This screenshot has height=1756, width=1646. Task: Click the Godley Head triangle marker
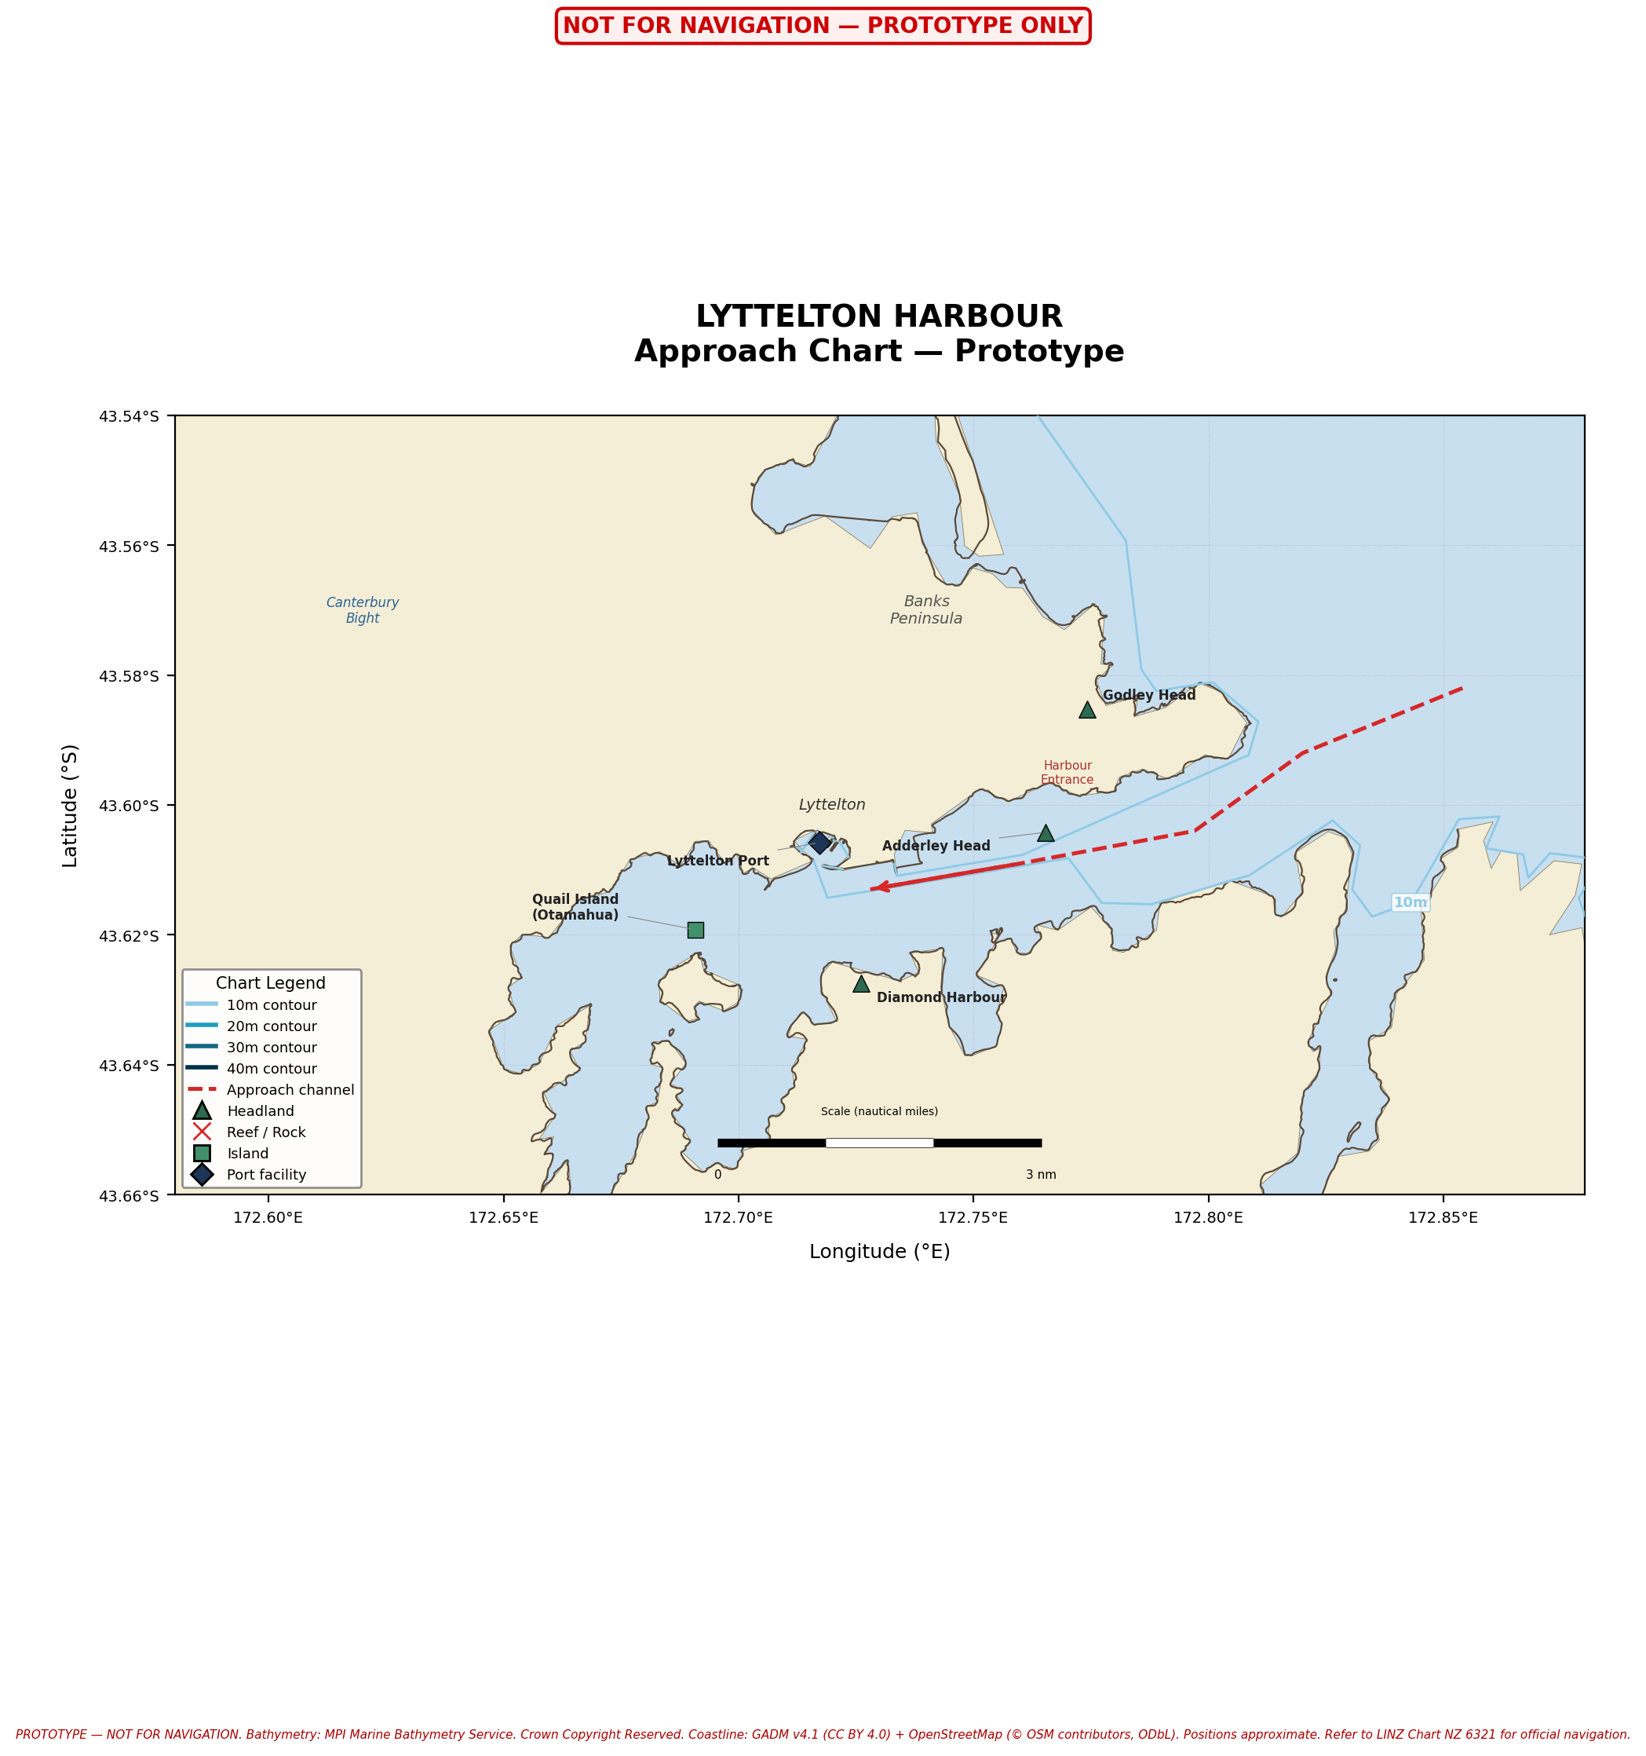click(x=1087, y=710)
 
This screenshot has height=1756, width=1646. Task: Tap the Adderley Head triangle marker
click(x=1046, y=834)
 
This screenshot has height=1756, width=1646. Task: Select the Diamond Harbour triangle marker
click(x=861, y=984)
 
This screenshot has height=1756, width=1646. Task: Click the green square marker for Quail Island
click(x=695, y=930)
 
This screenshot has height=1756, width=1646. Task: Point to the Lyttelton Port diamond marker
click(x=819, y=843)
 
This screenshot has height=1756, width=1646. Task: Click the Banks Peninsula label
click(x=926, y=609)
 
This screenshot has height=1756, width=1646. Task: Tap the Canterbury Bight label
click(x=362, y=610)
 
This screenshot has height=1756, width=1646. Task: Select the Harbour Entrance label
click(x=1068, y=772)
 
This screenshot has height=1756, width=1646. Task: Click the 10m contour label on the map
click(x=1411, y=902)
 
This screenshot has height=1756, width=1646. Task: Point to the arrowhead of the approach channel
click(x=876, y=887)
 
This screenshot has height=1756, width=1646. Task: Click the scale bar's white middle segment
click(x=879, y=1143)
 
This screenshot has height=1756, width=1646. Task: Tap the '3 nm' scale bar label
click(x=1041, y=1175)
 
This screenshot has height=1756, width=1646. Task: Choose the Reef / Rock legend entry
click(x=266, y=1132)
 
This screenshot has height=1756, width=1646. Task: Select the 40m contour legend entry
click(x=271, y=1069)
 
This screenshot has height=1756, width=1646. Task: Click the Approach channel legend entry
click(x=290, y=1090)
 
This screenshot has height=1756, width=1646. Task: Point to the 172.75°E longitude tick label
click(x=973, y=1218)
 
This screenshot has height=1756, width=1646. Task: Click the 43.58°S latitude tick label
click(x=129, y=675)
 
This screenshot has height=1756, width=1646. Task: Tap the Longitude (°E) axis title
click(x=879, y=1252)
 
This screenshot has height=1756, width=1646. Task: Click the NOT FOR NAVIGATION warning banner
click(x=822, y=26)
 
